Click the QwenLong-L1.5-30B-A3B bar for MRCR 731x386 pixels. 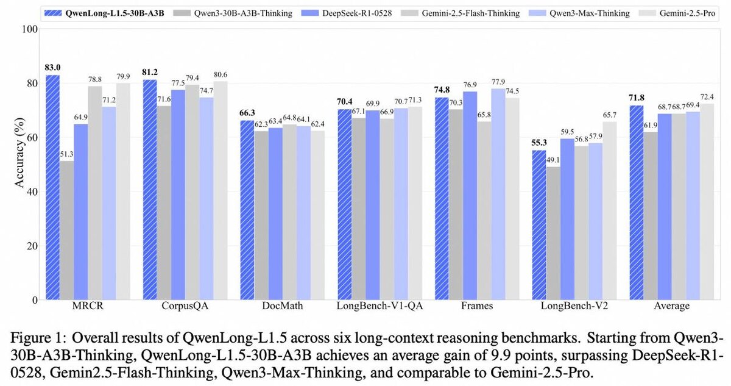pos(52,187)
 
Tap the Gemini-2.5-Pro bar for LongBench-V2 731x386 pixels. pos(610,211)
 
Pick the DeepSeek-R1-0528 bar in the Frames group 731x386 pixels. pos(470,196)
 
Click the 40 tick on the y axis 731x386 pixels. pos(32,192)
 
